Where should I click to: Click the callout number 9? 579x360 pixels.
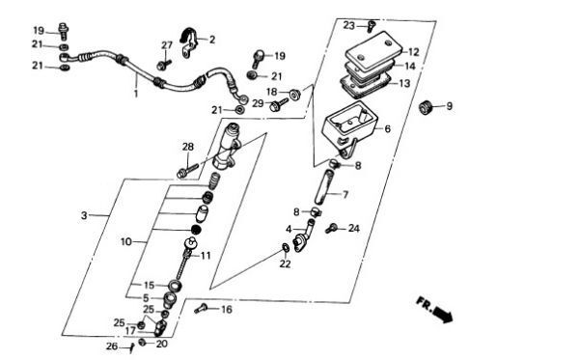[449, 106]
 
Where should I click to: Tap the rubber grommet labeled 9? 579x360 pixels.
[427, 107]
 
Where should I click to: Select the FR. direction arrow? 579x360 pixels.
[435, 310]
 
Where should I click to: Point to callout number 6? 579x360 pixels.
[387, 129]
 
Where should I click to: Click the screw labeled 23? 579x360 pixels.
[372, 26]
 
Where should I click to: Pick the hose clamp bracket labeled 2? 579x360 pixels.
[189, 42]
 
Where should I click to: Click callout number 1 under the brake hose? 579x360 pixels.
[135, 93]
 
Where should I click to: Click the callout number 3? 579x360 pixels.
[84, 215]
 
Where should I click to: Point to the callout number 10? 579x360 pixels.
[125, 242]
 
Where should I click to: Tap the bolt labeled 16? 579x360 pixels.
[201, 308]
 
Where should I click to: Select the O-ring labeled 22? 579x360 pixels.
[285, 247]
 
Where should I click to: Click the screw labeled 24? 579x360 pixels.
[331, 228]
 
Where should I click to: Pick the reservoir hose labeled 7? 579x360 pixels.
[324, 186]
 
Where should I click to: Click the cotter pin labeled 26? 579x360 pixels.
[131, 347]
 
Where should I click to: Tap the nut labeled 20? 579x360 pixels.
[142, 343]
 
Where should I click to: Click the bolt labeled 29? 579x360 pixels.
[278, 104]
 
